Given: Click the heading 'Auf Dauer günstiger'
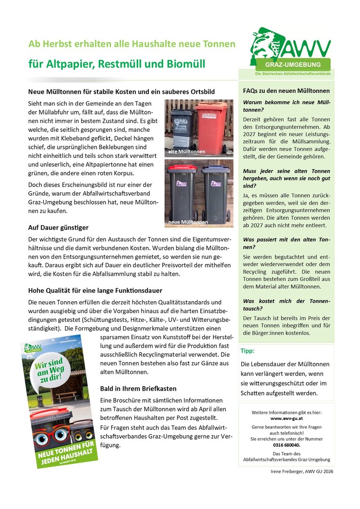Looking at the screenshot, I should pyautogui.click(x=58, y=228).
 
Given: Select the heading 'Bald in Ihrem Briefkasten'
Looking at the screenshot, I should pyautogui.click(x=138, y=388).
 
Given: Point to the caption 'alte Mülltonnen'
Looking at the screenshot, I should pyautogui.click(x=187, y=152).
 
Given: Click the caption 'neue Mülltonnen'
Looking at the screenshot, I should pyautogui.click(x=188, y=222).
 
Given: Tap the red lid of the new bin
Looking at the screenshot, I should pyautogui.click(x=181, y=168).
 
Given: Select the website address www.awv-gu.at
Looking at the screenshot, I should pyautogui.click(x=286, y=418).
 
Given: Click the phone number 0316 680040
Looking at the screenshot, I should pyautogui.click(x=286, y=445).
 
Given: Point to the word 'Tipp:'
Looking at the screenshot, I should pyautogui.click(x=247, y=351).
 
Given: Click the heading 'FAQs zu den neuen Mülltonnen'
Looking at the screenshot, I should pyautogui.click(x=286, y=90).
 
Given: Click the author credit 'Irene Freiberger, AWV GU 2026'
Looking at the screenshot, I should pyautogui.click(x=302, y=471).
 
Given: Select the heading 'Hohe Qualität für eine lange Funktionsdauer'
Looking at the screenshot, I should pyautogui.click(x=95, y=290).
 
